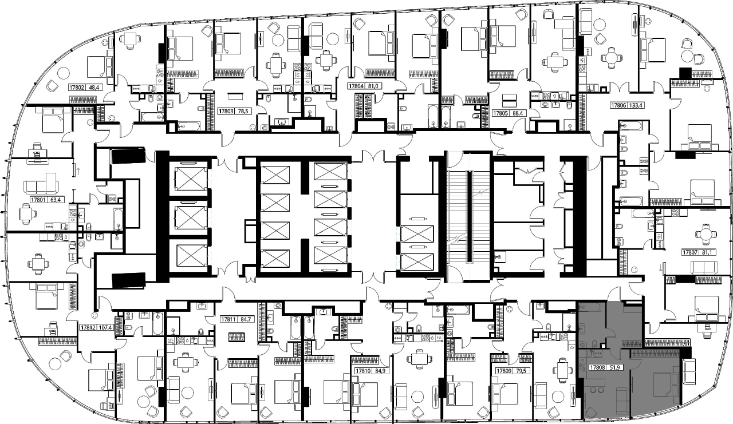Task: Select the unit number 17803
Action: click(226, 111)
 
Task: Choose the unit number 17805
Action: click(501, 113)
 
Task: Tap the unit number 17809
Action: click(503, 371)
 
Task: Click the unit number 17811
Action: click(228, 319)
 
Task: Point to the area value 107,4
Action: click(105, 327)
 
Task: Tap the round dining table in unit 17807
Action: click(703, 234)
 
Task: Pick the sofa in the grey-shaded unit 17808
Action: click(623, 400)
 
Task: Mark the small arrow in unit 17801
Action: click(78, 171)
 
